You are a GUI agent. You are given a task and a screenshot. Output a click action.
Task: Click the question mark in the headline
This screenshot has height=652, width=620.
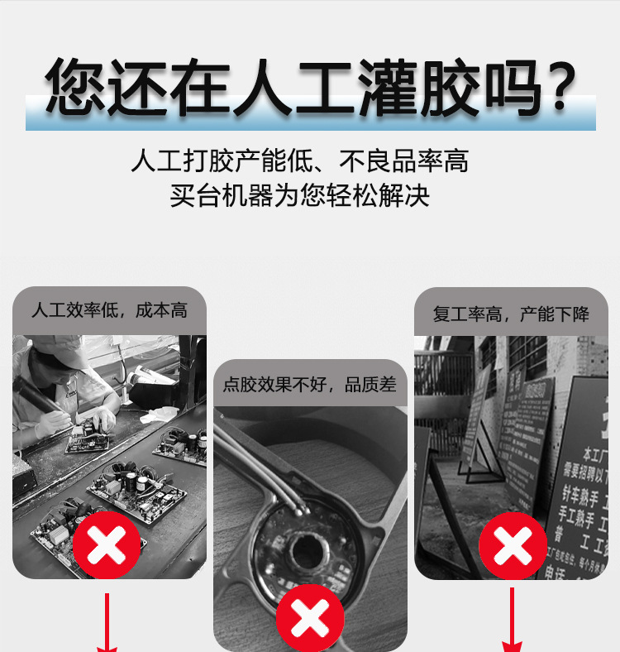pos(561,85)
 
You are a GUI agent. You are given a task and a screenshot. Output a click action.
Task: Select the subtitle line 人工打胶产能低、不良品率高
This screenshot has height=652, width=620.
pos(299,160)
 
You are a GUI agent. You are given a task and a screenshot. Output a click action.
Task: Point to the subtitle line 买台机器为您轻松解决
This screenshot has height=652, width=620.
pos(299,197)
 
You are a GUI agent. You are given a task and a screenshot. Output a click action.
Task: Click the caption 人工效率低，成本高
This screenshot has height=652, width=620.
pos(109,310)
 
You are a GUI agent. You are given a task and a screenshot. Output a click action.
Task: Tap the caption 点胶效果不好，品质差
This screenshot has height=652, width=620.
pos(310,384)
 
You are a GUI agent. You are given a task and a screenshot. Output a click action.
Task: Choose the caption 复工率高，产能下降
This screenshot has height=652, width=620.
pos(511,314)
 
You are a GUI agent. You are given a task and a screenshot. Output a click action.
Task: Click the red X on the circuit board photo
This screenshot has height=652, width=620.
pos(106,544)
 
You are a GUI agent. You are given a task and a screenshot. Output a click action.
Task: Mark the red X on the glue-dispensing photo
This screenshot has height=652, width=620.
pos(309,616)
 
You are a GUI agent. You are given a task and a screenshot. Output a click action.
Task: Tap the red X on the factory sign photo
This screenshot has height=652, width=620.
pos(513,545)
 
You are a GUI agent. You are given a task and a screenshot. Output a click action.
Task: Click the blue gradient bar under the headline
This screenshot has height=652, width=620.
pos(310,122)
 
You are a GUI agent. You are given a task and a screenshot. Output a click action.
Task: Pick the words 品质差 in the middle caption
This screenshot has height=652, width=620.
pos(371,384)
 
